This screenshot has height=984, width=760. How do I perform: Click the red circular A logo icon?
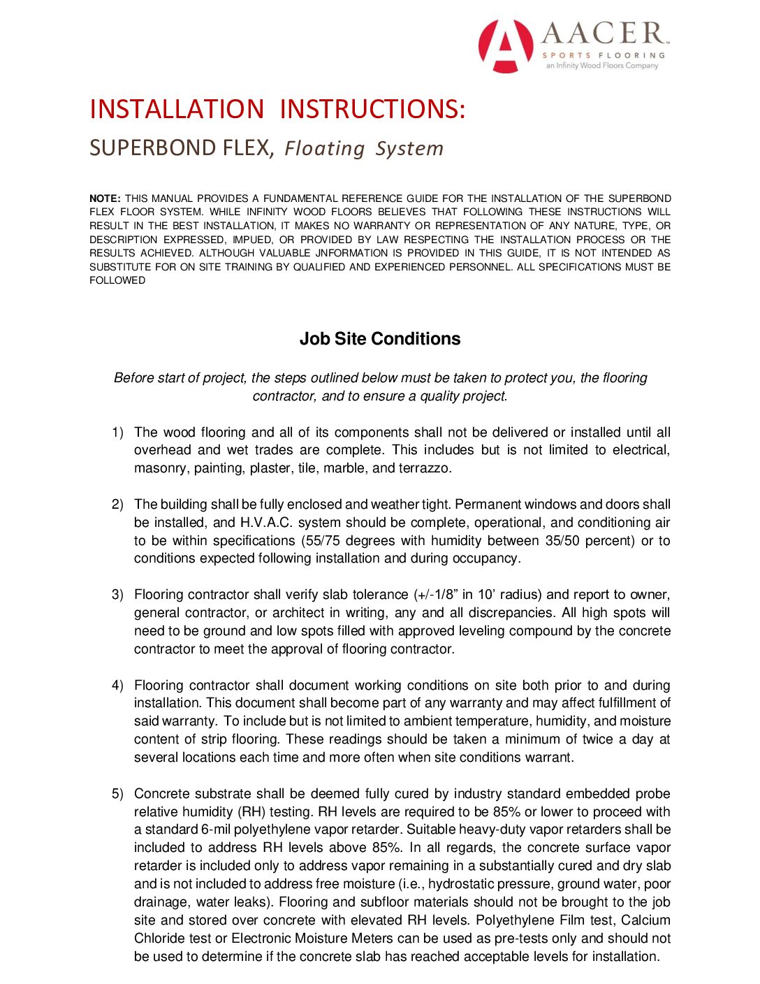[506, 46]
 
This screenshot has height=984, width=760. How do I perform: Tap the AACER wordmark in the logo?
[604, 34]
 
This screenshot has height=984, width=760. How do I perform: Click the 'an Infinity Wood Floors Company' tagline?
[602, 66]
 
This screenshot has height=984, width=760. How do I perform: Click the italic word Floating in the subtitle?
[325, 148]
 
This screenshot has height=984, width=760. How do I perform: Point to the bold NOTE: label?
[105, 198]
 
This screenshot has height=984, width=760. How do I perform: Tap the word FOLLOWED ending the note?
[117, 280]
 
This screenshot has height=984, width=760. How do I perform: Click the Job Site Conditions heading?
[380, 339]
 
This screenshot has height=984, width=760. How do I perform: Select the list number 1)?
[117, 433]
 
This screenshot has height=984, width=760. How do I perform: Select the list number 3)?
[117, 595]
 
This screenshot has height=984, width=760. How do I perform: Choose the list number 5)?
[117, 794]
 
